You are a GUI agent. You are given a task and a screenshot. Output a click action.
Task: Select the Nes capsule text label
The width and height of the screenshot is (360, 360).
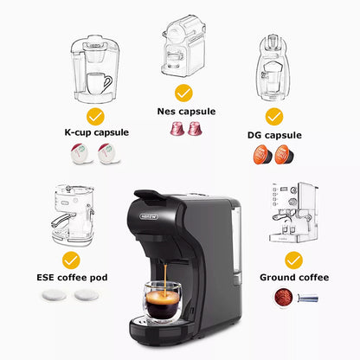click(185, 111)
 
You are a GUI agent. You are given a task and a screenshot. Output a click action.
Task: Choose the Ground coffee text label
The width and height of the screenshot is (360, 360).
click(294, 278)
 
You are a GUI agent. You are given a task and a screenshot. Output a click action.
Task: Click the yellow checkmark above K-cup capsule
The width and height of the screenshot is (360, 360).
click(95, 115)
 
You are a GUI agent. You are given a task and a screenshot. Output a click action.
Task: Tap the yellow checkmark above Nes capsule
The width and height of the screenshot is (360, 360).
click(184, 92)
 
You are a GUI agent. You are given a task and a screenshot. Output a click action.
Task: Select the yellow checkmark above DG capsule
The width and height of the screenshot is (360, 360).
click(274, 115)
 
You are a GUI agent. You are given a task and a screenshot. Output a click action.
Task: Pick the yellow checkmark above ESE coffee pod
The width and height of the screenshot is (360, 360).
click(71, 258)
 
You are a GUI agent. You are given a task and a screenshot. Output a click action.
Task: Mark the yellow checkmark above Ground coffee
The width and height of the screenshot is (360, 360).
click(294, 258)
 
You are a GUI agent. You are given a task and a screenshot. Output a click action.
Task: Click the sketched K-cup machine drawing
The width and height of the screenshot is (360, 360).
click(93, 70)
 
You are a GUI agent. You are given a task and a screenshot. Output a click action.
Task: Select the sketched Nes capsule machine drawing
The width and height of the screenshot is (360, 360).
click(183, 47)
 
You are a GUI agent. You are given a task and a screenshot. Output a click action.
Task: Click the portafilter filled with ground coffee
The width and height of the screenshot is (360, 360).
click(286, 298)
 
